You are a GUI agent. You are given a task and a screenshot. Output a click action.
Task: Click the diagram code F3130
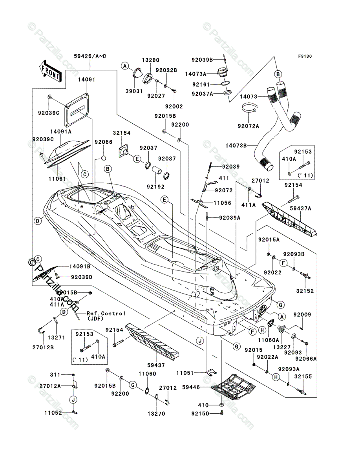point(304,57)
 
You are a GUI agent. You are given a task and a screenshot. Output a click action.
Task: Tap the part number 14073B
point(247,146)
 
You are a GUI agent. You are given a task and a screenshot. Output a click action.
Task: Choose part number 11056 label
point(223,203)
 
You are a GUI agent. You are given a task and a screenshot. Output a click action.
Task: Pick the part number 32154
point(122,133)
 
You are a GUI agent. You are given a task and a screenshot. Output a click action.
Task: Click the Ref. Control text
point(106,313)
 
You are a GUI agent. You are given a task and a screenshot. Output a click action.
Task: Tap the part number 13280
point(151,60)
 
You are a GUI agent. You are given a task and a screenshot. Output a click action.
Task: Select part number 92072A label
point(248,126)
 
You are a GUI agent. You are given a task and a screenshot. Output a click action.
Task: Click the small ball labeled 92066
point(103,158)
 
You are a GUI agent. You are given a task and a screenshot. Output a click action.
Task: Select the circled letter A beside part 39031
point(125,66)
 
